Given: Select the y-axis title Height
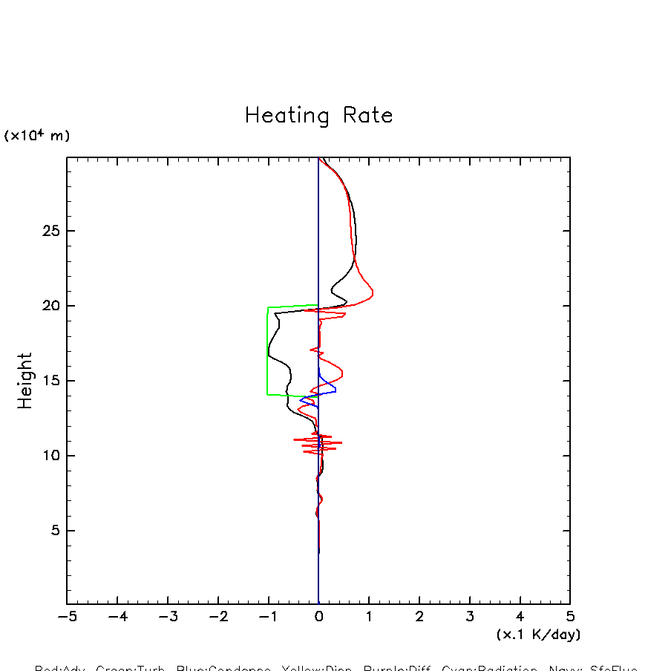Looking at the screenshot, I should pyautogui.click(x=25, y=381).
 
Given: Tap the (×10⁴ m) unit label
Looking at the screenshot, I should pyautogui.click(x=37, y=136).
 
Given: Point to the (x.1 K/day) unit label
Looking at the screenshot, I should pyautogui.click(x=538, y=635).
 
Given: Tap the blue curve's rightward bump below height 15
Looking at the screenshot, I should pyautogui.click(x=335, y=390).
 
